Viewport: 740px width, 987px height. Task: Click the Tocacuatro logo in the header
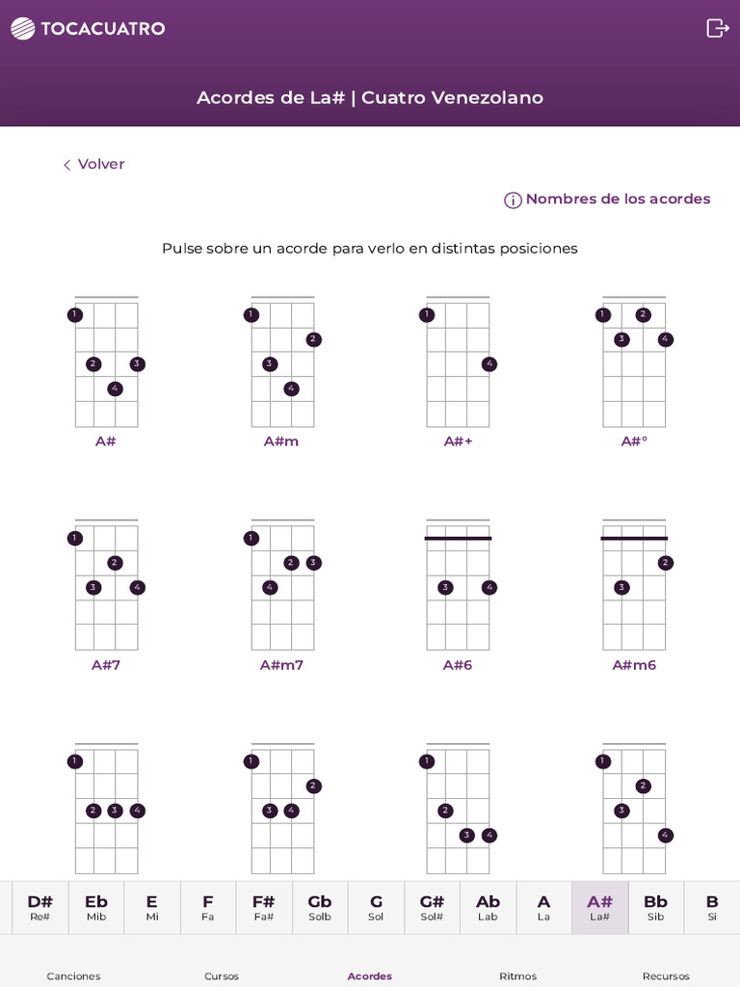click(88, 29)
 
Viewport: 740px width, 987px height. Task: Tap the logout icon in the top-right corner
click(718, 28)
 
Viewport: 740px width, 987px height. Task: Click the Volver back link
click(94, 165)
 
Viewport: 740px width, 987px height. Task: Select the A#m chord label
click(281, 441)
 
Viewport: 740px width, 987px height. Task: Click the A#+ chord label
click(458, 441)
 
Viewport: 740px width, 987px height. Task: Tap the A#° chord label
click(633, 441)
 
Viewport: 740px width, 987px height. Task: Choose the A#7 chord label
click(106, 665)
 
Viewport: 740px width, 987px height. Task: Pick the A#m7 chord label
click(281, 665)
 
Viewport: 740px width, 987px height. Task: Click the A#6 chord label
click(458, 665)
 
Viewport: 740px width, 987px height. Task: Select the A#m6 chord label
click(633, 665)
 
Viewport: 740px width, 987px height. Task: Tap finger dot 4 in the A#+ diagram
click(489, 364)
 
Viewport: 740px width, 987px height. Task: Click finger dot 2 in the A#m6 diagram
click(665, 563)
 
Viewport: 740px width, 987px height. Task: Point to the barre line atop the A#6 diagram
click(458, 538)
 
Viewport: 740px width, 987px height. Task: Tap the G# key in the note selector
click(432, 907)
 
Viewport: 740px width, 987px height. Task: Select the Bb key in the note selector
click(655, 907)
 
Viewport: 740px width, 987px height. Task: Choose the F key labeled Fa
click(208, 907)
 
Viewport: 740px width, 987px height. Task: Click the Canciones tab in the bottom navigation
click(73, 975)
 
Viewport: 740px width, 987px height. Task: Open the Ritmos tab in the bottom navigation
click(518, 975)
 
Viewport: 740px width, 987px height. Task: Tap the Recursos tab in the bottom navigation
click(666, 975)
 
